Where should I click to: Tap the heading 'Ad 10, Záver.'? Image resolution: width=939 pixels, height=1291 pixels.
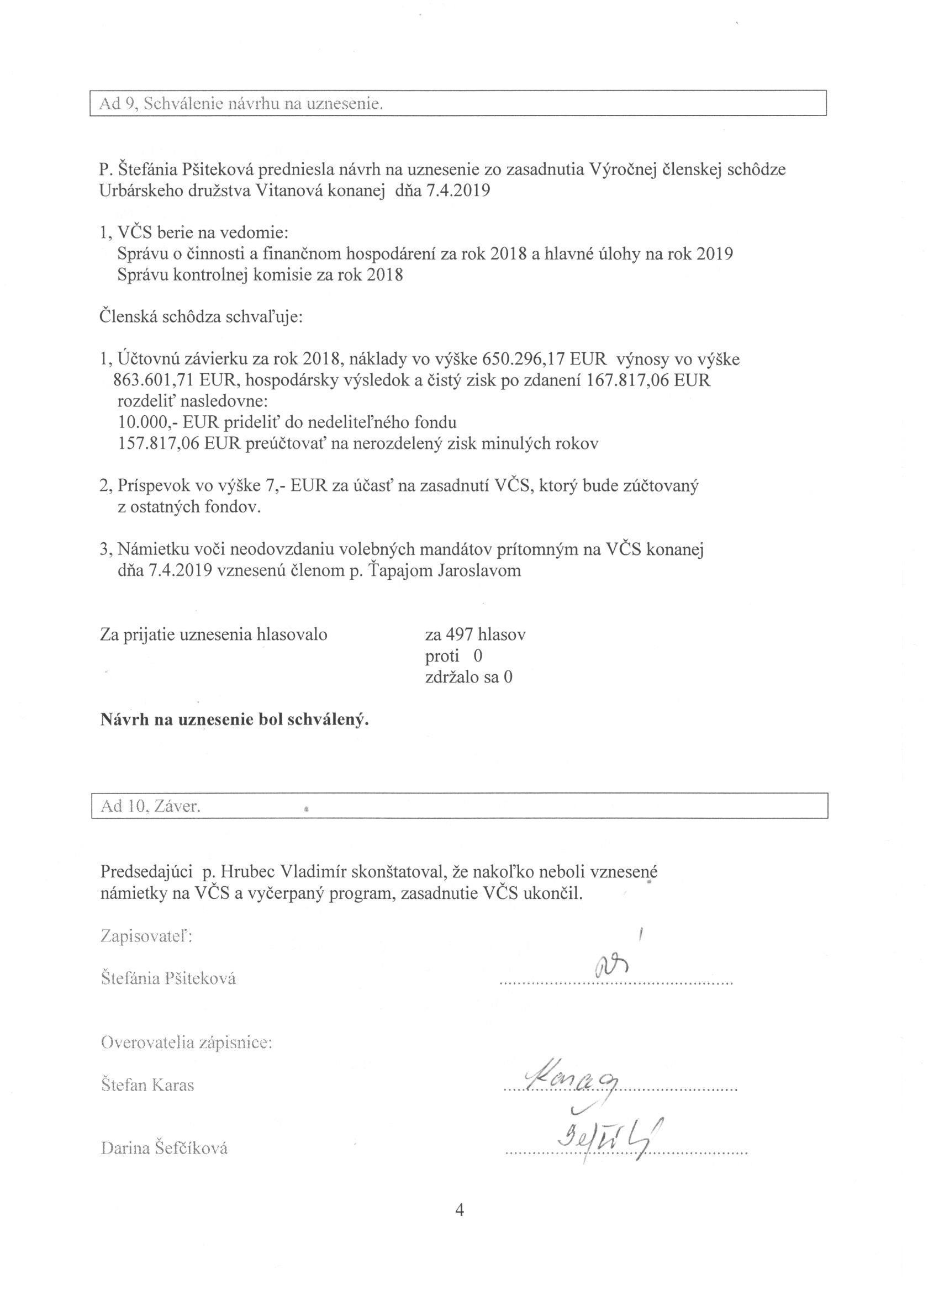click(x=151, y=807)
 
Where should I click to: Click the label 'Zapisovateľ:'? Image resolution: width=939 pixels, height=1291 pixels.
click(x=146, y=936)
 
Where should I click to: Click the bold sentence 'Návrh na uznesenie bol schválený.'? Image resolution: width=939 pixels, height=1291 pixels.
click(x=235, y=719)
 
